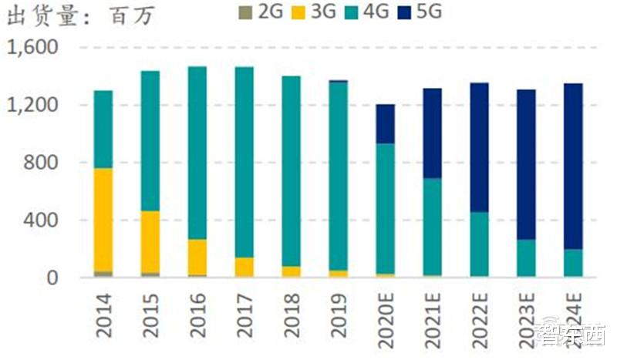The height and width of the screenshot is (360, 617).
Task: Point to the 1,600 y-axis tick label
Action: tap(32, 48)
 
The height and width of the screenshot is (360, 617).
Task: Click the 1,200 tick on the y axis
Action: tap(32, 105)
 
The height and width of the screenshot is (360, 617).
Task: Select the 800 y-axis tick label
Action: tap(41, 163)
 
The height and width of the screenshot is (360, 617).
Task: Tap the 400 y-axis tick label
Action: tap(41, 220)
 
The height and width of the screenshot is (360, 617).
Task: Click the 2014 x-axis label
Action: tap(104, 316)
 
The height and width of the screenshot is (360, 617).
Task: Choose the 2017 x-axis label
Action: tap(245, 316)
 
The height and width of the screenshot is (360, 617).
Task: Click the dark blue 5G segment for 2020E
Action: tap(386, 123)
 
